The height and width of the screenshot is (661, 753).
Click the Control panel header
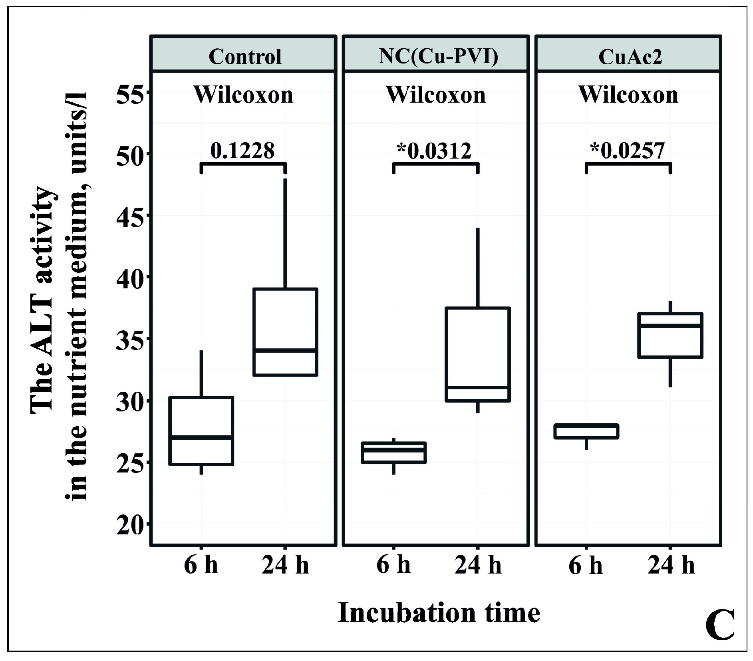[244, 56]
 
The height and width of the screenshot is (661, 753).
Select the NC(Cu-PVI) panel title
[438, 56]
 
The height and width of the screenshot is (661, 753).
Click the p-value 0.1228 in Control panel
[242, 151]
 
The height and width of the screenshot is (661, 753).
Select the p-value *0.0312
[434, 151]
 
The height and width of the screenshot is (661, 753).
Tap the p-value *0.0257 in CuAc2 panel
[627, 151]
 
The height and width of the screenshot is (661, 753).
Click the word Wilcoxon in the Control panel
[243, 95]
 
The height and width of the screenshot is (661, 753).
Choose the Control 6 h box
[201, 431]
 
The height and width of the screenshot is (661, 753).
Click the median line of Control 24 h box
[285, 350]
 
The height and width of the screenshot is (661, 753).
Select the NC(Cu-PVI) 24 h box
[478, 354]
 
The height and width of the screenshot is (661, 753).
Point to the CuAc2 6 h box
[586, 431]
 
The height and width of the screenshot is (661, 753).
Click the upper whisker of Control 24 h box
[285, 234]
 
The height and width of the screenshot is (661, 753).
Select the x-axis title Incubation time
[439, 612]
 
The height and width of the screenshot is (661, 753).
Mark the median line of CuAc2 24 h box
[670, 326]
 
